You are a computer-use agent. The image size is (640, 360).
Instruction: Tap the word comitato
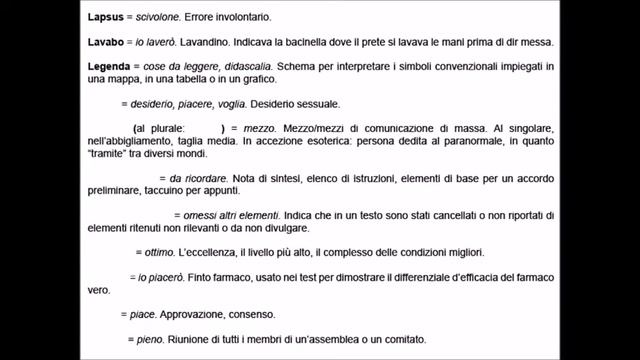(x=399, y=339)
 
